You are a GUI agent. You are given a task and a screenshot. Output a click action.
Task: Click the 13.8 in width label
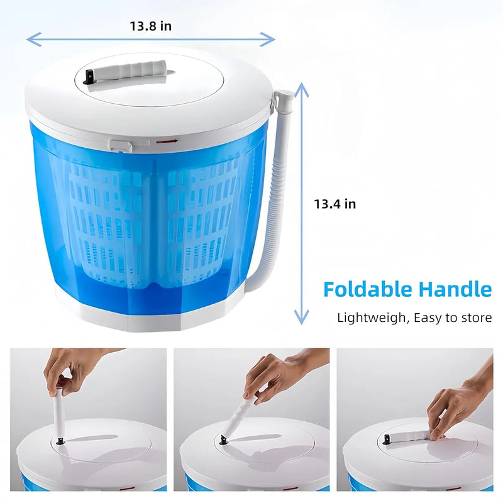click(x=150, y=26)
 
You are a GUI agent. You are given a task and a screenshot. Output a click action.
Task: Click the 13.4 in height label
click(x=335, y=204)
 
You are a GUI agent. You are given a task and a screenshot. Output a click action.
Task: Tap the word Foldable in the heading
click(x=368, y=289)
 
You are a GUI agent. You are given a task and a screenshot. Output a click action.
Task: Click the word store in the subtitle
click(x=477, y=318)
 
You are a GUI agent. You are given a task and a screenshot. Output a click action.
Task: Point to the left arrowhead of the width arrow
click(x=33, y=40)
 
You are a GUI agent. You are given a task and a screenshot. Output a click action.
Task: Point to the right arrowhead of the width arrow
click(x=268, y=40)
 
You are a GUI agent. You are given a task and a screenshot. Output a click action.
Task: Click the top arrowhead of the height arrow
click(x=301, y=89)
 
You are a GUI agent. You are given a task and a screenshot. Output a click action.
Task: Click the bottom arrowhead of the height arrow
click(x=301, y=318)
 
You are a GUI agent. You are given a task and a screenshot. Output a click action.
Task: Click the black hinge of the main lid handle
click(x=88, y=77)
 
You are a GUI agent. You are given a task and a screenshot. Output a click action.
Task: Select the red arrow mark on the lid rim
click(x=167, y=141)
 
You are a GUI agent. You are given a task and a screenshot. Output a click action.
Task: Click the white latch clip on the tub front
click(x=121, y=145)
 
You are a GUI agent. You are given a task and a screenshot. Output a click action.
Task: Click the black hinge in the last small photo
click(x=387, y=439)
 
